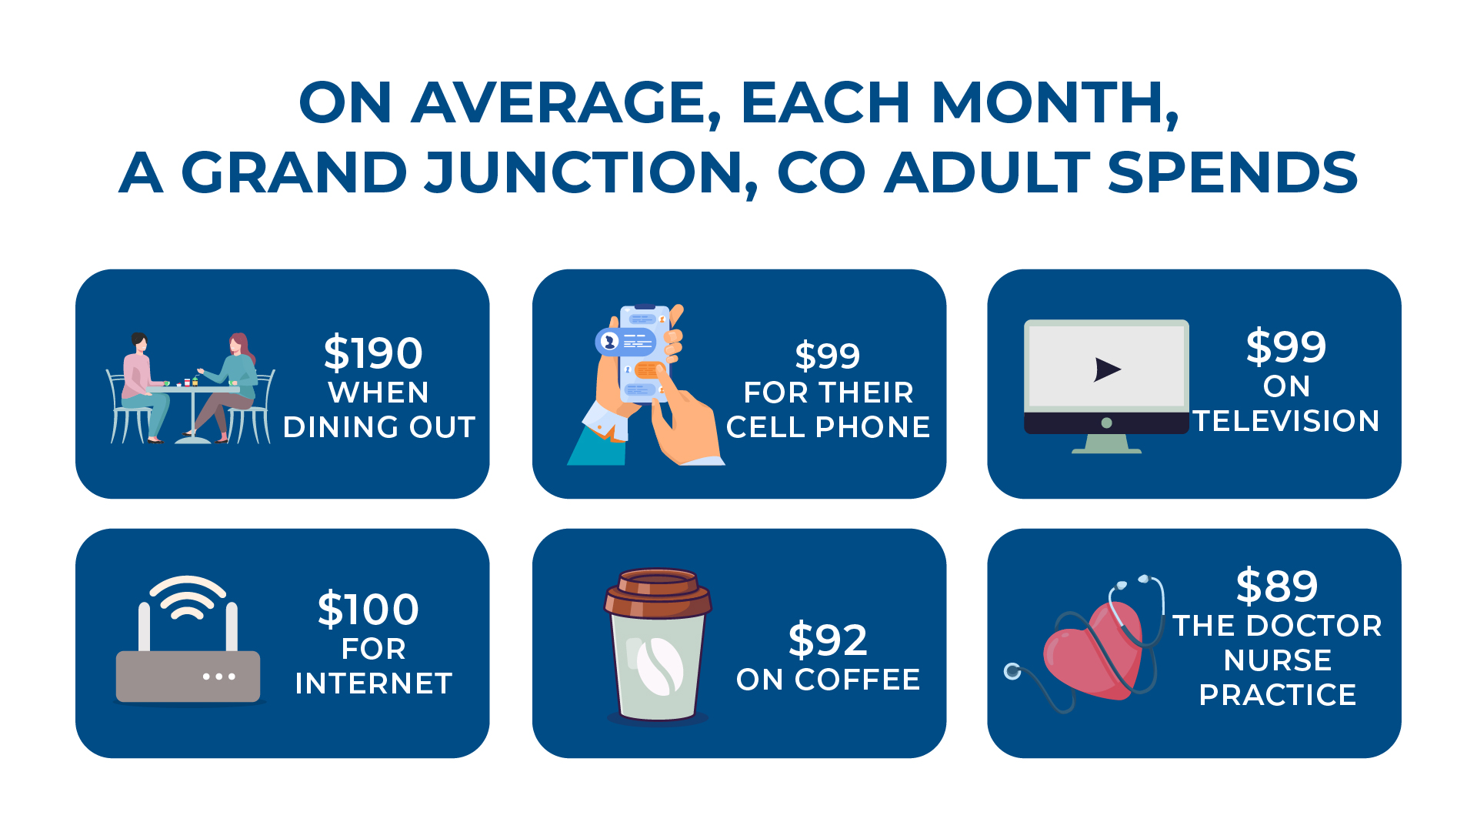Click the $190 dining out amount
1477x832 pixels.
tap(373, 353)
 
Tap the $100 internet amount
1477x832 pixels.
tap(368, 610)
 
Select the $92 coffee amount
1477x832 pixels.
tap(828, 640)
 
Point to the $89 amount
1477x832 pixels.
tap(1277, 586)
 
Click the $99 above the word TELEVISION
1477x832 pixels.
tap(1286, 346)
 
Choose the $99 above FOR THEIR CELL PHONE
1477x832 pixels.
tap(828, 356)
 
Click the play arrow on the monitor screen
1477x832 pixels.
tap(1107, 369)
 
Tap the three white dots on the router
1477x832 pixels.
tap(219, 677)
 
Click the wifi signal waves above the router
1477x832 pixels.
tap(188, 597)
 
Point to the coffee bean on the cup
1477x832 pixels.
tap(659, 667)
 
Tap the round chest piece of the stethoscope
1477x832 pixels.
tap(1012, 672)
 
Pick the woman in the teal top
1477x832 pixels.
tap(227, 387)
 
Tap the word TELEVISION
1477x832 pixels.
tap(1286, 421)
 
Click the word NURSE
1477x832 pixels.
tap(1277, 660)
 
